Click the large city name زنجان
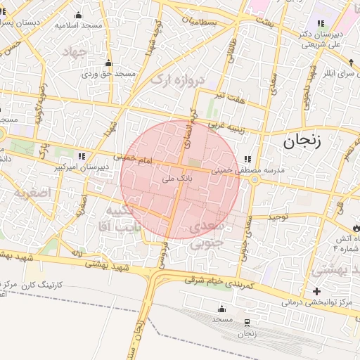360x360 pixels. tap(302, 141)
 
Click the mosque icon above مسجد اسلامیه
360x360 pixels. tap(78, 15)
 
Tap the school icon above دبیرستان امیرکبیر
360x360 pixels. tap(82, 156)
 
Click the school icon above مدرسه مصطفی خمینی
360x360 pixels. tap(247, 159)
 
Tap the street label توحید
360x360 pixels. tap(278, 217)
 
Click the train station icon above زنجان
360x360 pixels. tap(247, 323)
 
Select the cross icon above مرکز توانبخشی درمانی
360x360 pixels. tap(316, 291)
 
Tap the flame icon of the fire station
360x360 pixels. tap(355, 226)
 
